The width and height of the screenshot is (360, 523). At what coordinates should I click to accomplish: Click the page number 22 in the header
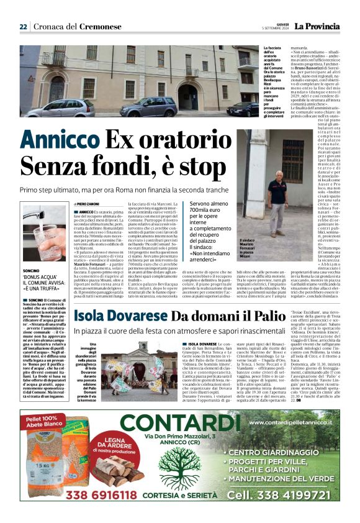pyautogui.click(x=23, y=27)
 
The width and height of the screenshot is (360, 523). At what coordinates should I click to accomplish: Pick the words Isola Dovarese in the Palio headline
pyautogui.click(x=121, y=316)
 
